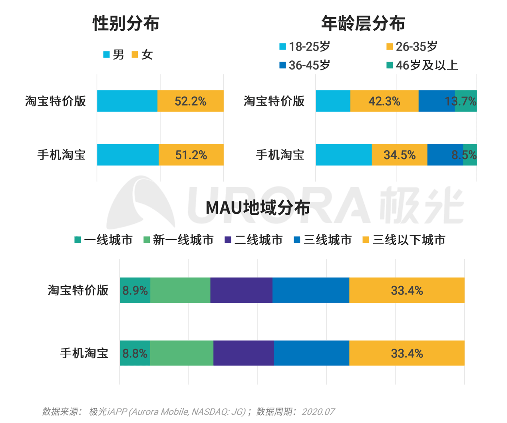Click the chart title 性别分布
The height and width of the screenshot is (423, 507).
(x=126, y=23)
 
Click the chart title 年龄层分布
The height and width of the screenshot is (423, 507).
(x=363, y=23)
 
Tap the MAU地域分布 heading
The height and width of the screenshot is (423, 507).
(x=258, y=208)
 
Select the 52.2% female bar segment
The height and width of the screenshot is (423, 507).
(x=191, y=101)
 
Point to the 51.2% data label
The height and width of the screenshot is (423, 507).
(x=191, y=155)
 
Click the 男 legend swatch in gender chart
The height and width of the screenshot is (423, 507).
(x=107, y=54)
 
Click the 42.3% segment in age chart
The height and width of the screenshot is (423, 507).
(x=384, y=101)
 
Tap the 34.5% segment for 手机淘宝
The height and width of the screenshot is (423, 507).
(x=400, y=155)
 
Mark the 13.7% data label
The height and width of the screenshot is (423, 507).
(x=461, y=101)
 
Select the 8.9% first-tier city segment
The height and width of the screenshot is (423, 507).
(x=135, y=290)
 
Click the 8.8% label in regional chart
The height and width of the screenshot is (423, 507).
(x=135, y=353)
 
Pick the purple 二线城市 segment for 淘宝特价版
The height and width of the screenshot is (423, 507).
(x=241, y=290)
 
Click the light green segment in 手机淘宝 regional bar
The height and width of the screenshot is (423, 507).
(x=182, y=353)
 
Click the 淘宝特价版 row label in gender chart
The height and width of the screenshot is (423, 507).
(x=56, y=101)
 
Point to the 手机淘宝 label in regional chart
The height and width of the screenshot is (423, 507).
(x=84, y=353)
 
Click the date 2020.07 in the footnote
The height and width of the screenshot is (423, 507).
(x=318, y=412)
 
